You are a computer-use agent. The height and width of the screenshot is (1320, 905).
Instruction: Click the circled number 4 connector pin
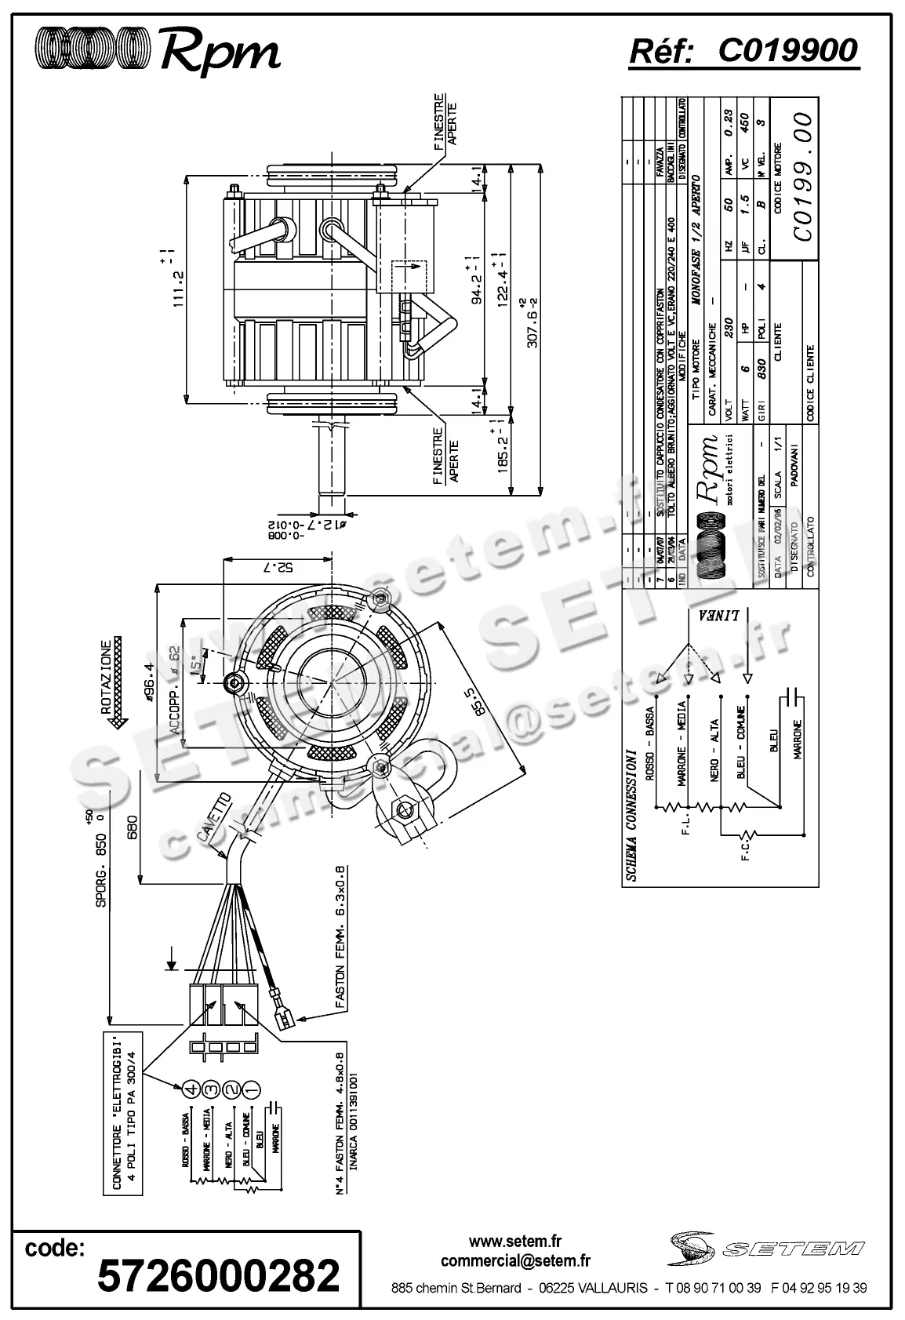click(x=189, y=1089)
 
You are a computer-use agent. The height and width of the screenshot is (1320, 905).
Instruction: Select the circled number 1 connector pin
click(x=250, y=1089)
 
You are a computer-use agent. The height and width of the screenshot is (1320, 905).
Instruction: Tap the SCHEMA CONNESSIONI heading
click(x=632, y=816)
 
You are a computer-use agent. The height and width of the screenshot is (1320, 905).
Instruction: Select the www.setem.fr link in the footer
click(x=515, y=1242)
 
